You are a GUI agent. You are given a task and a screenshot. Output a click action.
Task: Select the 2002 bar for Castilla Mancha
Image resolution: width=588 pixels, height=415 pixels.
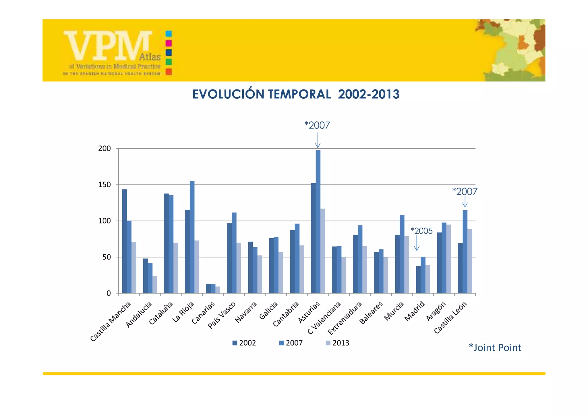pos(124,241)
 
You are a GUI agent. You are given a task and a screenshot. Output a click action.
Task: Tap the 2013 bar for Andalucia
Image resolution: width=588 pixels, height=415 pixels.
pos(155,285)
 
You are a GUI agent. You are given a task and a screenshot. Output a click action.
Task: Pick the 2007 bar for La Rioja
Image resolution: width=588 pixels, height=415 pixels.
pos(192,237)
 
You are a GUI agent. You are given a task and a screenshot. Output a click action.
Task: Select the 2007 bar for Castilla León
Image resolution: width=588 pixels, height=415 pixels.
pos(465,252)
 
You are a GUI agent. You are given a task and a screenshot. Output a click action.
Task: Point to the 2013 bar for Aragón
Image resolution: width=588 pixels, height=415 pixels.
pos(449,259)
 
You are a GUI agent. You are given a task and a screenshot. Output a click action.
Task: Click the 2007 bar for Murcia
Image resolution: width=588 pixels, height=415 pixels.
pos(402,254)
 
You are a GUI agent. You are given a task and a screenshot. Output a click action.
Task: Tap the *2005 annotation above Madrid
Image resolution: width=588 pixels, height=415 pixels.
pos(421,231)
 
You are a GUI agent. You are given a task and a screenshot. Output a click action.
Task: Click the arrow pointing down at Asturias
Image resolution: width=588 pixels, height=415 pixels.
pos(318,141)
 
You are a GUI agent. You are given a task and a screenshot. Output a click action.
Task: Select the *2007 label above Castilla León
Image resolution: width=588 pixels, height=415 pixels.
pos(465,192)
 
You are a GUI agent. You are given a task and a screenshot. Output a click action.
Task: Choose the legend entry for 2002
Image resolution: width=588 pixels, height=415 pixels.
pos(244,343)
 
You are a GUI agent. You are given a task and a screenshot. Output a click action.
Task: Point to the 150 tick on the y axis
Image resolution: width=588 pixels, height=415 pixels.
pos(105,185)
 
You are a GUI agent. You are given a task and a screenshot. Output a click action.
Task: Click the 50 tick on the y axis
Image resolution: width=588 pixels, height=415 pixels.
pos(107,257)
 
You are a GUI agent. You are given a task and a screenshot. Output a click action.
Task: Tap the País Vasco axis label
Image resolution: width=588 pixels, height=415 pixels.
pos(222,315)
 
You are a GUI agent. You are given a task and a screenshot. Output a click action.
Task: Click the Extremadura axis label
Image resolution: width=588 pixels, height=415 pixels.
pos(345,319)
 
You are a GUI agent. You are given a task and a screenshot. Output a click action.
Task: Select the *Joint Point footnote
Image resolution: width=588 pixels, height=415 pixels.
pos(495,348)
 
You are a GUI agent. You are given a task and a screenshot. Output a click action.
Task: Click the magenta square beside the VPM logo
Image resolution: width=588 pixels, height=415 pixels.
pos(169,43)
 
